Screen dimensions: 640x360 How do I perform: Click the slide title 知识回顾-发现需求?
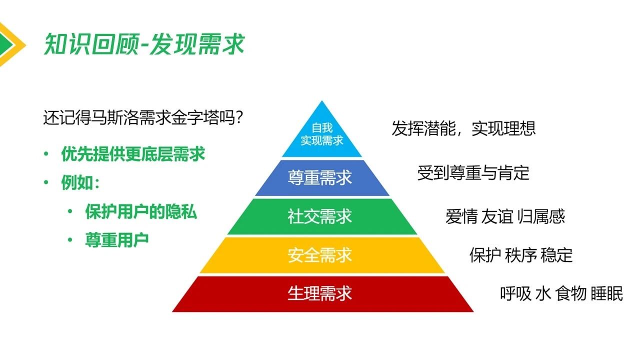tap(144, 44)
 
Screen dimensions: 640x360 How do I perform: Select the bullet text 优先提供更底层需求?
tap(133, 154)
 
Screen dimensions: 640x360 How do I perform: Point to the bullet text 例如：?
tap(80, 183)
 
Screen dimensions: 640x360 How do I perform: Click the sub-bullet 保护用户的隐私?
tap(141, 212)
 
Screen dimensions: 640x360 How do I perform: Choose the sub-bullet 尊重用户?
tap(117, 240)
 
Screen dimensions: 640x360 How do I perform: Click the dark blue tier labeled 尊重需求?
tap(320, 178)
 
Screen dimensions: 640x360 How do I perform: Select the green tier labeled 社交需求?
tap(320, 216)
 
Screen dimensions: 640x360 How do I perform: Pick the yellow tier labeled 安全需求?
tap(320, 255)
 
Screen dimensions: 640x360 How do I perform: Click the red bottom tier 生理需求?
tap(320, 293)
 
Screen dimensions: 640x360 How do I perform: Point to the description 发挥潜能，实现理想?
tap(463, 128)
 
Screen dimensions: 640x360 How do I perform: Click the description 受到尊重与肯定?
tap(473, 173)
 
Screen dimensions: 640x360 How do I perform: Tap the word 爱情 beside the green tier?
tap(461, 216)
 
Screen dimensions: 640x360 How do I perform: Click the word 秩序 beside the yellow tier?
tap(521, 255)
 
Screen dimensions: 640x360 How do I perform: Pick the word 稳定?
tap(556, 255)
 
